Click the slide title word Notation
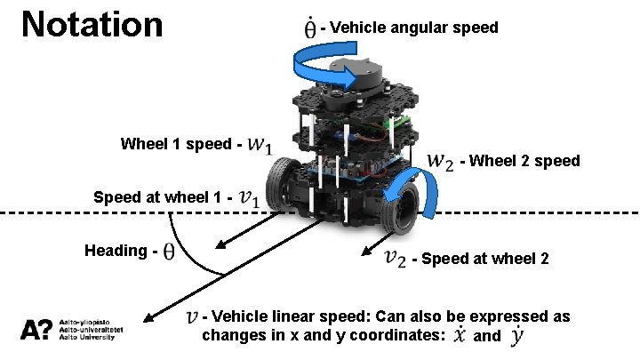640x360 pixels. pyautogui.click(x=92, y=25)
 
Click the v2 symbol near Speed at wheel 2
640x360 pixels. pyautogui.click(x=396, y=258)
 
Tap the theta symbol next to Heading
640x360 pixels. pyautogui.click(x=166, y=252)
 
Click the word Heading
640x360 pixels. pyautogui.click(x=116, y=251)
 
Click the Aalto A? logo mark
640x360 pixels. pyautogui.click(x=36, y=330)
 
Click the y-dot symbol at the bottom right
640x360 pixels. pyautogui.click(x=516, y=336)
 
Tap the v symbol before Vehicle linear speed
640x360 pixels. pyautogui.click(x=192, y=316)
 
